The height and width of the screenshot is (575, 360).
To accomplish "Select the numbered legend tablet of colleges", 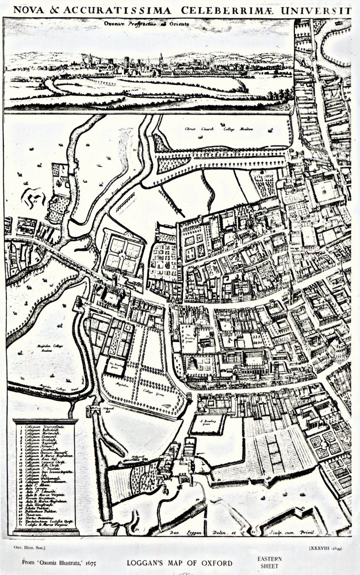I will pyautogui.click(x=45, y=475).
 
